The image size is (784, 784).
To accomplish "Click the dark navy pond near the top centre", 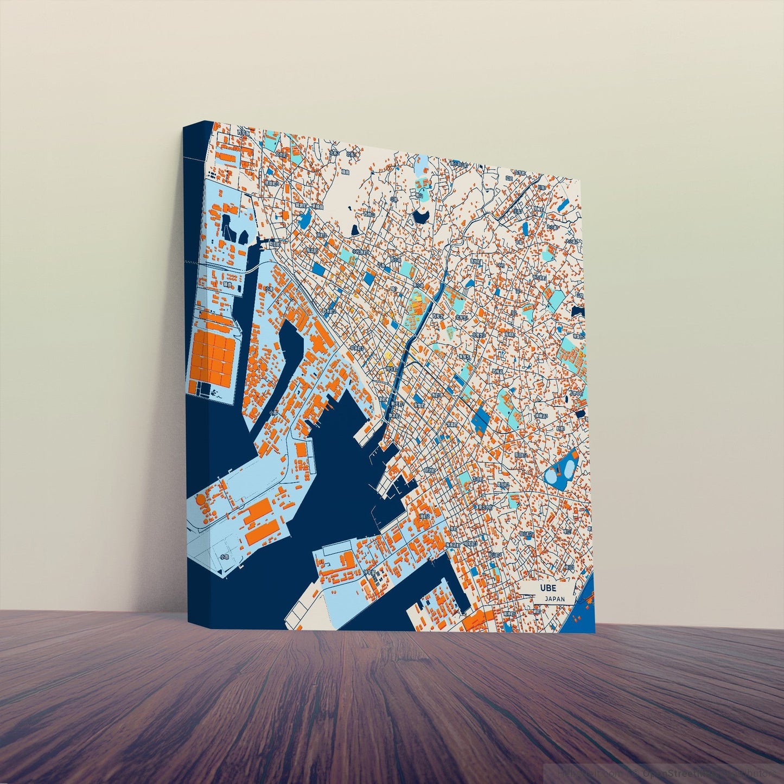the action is [419, 216].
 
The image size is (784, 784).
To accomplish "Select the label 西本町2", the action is [328, 311].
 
